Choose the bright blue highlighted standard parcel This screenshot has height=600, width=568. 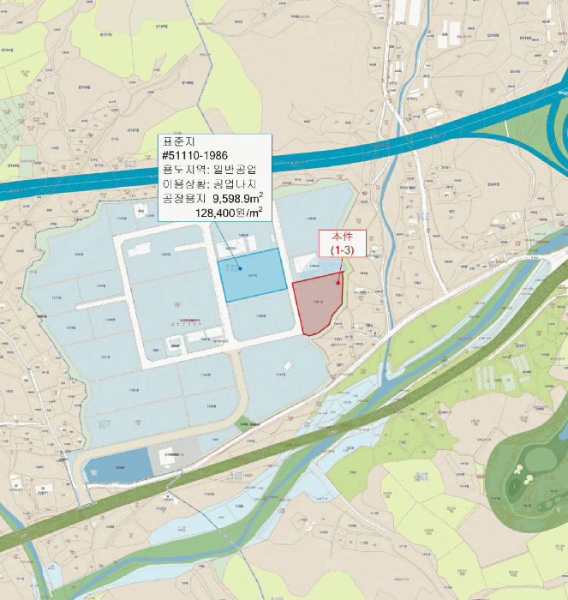click(x=253, y=276)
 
